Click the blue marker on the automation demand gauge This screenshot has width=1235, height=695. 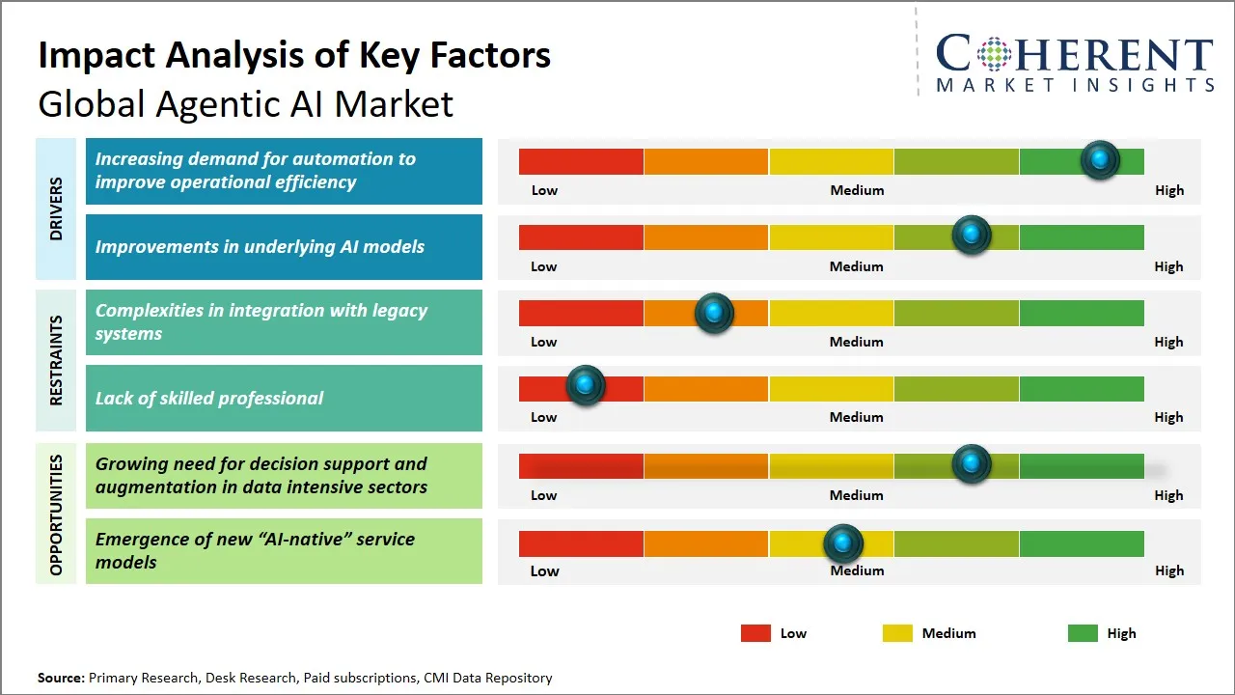(x=1100, y=160)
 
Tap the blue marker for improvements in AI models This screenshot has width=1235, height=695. (x=972, y=236)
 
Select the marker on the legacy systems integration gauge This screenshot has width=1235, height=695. (x=714, y=313)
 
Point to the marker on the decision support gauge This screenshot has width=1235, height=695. (x=972, y=464)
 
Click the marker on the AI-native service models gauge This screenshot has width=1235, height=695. (x=843, y=543)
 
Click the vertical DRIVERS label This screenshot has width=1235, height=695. (x=55, y=208)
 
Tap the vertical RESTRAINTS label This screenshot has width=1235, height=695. (x=55, y=360)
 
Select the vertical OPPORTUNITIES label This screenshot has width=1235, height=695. (x=55, y=514)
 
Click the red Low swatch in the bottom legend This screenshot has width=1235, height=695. (x=755, y=633)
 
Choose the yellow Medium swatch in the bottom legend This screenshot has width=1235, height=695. (x=897, y=633)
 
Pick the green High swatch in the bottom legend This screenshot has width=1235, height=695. (x=1083, y=633)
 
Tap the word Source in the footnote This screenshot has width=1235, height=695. (x=61, y=678)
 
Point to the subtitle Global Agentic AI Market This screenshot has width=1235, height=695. (x=245, y=104)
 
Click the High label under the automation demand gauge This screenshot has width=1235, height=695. (x=1169, y=190)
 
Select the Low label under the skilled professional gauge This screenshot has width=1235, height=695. (x=544, y=417)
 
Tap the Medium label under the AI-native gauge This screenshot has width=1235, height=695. (x=857, y=570)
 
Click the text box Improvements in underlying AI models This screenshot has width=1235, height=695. (x=284, y=247)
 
